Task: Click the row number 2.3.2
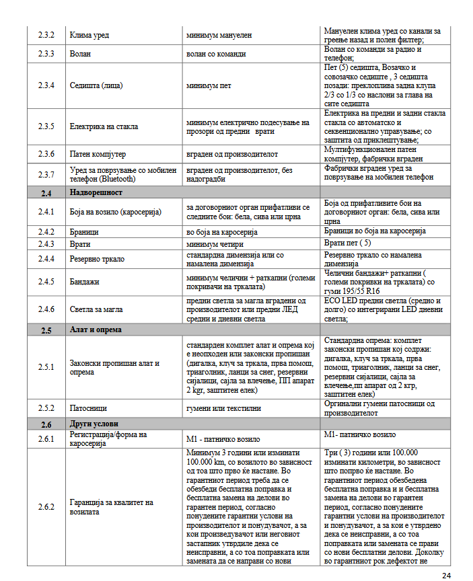(46, 34)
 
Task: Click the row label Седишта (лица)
(98, 86)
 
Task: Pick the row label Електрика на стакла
(104, 126)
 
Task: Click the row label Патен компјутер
(98, 154)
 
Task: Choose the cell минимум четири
(214, 243)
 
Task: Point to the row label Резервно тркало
(97, 259)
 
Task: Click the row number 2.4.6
(46, 309)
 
